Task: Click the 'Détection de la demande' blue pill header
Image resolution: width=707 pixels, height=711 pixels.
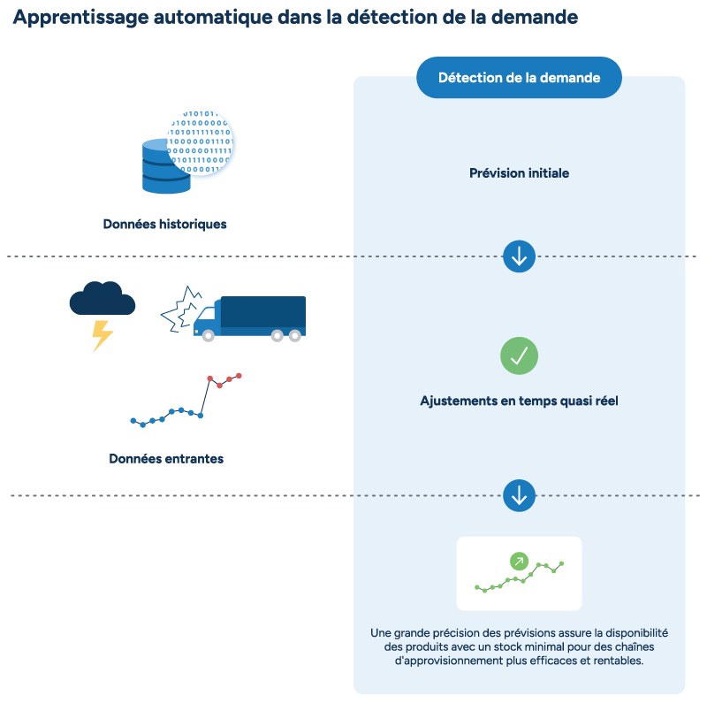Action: coord(519,78)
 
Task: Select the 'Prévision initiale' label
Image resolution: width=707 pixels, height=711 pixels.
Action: coord(519,173)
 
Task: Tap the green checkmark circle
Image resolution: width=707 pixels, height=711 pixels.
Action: coord(519,355)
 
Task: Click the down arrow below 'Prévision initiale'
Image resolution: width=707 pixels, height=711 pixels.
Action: coord(519,256)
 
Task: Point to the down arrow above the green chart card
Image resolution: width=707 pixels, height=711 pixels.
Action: coord(519,495)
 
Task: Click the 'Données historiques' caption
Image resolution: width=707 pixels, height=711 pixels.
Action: coord(164,225)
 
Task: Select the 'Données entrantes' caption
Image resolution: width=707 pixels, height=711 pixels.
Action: coord(166,459)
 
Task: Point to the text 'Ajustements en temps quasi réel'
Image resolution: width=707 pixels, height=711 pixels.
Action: coord(519,401)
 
